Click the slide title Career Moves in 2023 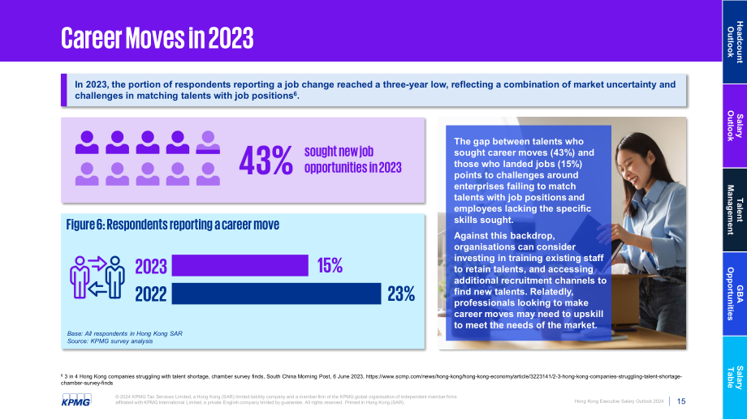158,38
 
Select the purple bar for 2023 240,265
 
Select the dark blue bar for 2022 276,294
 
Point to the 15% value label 330,265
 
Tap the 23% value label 401,294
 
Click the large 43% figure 266,161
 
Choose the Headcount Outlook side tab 735,42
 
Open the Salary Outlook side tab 735,126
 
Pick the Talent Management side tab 735,210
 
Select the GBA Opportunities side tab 735,294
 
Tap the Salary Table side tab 735,378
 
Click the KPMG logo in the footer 76,400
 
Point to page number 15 681,401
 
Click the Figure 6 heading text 172,225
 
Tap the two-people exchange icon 97,277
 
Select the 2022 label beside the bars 151,294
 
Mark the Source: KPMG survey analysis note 110,341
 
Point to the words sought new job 339,152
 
